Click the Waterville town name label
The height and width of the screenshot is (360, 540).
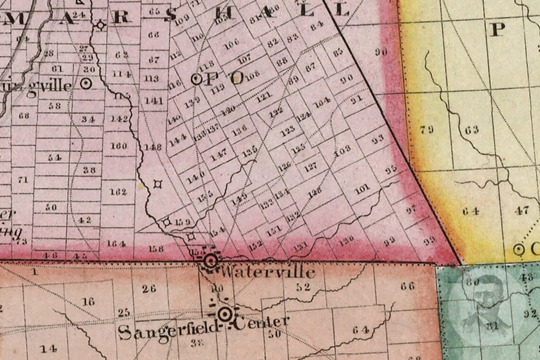point(268,272)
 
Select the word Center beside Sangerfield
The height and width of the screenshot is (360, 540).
point(261,323)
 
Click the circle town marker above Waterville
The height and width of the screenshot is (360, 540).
point(211,260)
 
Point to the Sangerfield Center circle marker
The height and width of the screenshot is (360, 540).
point(225,314)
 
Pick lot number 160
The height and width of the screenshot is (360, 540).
point(118,146)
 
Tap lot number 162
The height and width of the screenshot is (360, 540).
point(118,192)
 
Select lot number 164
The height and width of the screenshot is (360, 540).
point(117,244)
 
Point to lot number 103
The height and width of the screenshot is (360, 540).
point(342,153)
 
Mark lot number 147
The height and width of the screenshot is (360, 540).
point(219,155)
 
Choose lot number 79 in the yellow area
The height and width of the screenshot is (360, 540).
point(427,129)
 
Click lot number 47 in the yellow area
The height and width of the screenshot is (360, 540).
point(522,211)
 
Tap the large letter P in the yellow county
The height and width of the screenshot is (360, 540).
point(497,29)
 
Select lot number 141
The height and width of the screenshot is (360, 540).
point(154,100)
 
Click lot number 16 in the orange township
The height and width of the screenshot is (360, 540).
point(88,301)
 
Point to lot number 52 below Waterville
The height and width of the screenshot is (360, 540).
point(303,287)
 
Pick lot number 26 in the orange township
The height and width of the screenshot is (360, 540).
point(149,288)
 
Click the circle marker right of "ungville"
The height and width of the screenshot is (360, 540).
point(86,84)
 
